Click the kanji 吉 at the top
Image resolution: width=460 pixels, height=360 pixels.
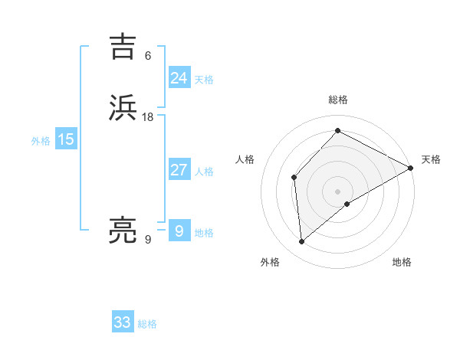125,47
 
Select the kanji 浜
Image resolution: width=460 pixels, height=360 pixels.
125,108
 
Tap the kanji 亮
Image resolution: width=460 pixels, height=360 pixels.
125,231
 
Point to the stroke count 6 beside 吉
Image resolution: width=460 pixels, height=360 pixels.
148,56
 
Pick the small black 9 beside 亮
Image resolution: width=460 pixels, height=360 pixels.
148,240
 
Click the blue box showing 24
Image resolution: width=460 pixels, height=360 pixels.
179,78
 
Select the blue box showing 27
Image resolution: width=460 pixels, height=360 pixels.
179,170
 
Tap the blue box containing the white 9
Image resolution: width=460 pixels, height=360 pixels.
179,231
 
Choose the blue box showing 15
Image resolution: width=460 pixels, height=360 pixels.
65,139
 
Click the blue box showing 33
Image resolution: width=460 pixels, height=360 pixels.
123,322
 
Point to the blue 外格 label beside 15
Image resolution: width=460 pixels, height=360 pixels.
41,141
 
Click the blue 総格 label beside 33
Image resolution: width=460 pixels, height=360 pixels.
148,324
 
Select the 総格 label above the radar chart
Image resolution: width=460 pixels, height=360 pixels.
337,100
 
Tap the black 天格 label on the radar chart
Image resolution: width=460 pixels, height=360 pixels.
431,160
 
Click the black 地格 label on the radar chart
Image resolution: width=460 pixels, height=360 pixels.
402,263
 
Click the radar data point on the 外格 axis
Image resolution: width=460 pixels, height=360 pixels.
302,242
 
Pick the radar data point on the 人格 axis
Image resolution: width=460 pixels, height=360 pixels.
294,178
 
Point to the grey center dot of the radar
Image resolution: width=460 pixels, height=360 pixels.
337,191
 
